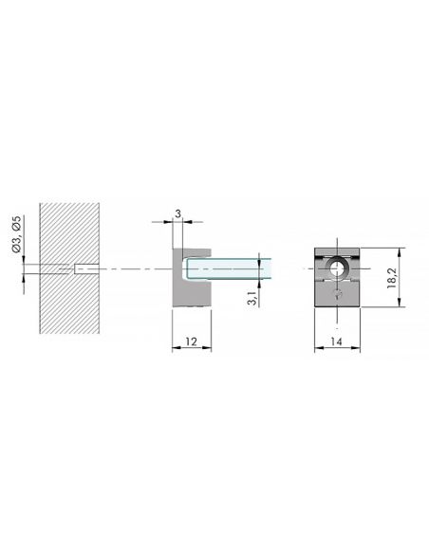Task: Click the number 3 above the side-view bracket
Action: [x=177, y=214]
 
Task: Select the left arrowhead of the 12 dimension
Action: [x=174, y=349]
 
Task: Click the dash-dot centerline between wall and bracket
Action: [x=133, y=268]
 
